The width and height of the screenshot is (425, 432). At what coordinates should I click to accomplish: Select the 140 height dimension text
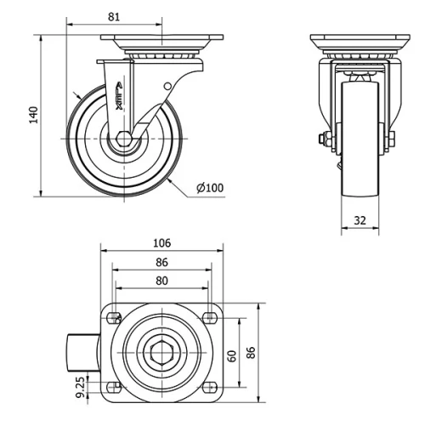[x=33, y=114]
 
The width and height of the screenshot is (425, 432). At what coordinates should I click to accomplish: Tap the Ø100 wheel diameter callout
[x=210, y=187]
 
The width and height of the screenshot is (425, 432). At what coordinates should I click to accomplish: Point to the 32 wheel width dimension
[x=360, y=220]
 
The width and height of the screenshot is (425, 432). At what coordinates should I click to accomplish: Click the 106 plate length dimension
[x=161, y=243]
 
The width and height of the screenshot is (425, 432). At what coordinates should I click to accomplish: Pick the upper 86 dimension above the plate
[x=161, y=263]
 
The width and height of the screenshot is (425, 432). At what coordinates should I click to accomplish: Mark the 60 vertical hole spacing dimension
[x=232, y=355]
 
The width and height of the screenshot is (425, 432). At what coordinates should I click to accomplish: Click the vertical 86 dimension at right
[x=252, y=352]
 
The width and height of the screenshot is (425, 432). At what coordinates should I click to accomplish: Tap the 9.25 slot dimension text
[x=80, y=388]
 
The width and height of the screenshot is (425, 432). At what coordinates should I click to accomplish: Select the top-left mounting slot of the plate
[x=112, y=317]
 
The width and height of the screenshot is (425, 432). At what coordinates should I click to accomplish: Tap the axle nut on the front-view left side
[x=324, y=139]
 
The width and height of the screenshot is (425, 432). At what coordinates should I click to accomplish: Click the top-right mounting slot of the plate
[x=209, y=317]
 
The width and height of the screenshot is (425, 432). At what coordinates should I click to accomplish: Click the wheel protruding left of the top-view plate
[x=83, y=351]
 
